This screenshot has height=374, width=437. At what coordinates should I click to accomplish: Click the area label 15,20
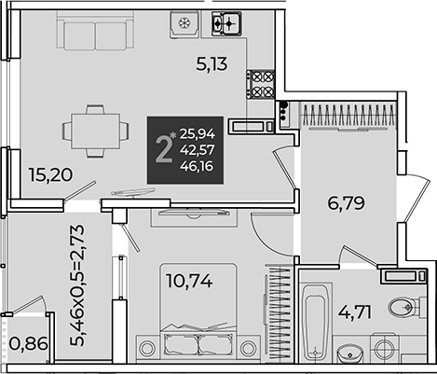tap(50, 174)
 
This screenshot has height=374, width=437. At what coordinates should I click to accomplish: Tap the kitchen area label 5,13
tap(212, 64)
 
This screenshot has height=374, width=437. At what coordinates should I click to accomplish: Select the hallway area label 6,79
tap(346, 203)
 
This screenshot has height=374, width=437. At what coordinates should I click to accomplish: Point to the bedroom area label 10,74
tap(189, 281)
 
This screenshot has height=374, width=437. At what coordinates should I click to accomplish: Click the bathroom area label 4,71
tap(355, 312)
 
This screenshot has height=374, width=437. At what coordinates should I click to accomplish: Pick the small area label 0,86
tap(28, 344)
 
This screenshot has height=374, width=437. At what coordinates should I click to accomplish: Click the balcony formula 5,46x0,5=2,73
tap(77, 285)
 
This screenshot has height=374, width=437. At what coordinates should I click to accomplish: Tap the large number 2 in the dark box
tap(164, 150)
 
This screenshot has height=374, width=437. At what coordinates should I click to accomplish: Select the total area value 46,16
tap(197, 166)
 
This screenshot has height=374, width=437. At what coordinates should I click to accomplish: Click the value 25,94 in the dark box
tap(198, 134)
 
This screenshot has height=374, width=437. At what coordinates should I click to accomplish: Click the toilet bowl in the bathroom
tap(403, 307)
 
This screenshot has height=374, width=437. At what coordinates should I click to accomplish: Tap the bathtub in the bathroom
tap(315, 323)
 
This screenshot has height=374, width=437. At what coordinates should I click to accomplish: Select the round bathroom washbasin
tap(349, 353)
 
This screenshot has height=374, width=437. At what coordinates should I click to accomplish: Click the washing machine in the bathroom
tap(384, 349)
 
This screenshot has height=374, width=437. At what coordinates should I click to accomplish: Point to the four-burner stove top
tap(261, 85)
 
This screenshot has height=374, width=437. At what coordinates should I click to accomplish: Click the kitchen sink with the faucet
tap(226, 23)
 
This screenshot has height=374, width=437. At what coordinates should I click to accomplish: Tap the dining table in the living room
tap(96, 132)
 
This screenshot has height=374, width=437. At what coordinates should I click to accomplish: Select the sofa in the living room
tap(95, 30)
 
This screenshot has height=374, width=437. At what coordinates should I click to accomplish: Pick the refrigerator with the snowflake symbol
tap(184, 24)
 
